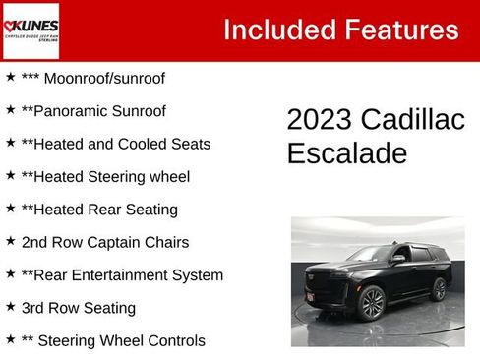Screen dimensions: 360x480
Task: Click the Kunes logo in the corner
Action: (30, 30)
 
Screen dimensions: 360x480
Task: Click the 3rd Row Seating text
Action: (79, 308)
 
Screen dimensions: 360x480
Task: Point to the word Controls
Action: (173, 341)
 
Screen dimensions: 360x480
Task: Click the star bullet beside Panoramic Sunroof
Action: (11, 110)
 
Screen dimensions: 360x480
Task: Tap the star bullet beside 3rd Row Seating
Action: (11, 307)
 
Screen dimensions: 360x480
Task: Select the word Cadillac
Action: (412, 120)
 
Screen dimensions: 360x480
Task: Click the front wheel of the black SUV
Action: (372, 303)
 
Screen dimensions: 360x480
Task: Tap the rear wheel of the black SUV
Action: (438, 289)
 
